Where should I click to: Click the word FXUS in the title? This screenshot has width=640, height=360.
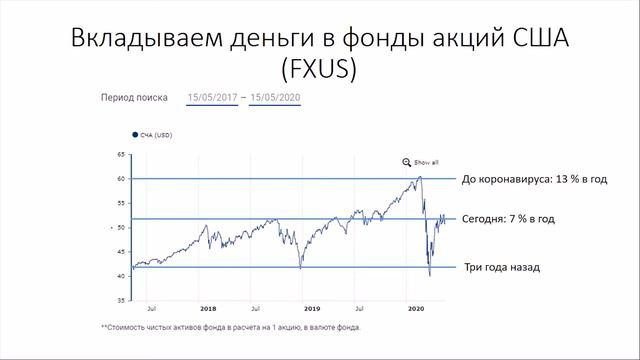(320, 70)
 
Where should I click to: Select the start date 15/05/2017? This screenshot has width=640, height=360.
(212, 98)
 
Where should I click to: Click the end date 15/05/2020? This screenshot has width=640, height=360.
(275, 98)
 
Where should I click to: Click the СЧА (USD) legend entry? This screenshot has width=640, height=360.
(152, 134)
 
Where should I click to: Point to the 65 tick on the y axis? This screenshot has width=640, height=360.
(121, 155)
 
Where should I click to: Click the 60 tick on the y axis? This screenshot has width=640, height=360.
(121, 179)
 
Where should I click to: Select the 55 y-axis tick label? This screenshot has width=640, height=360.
(121, 203)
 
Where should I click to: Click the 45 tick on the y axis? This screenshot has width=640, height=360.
(121, 252)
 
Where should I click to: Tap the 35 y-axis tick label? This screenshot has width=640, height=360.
(121, 300)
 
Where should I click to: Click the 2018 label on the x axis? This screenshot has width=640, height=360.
(209, 310)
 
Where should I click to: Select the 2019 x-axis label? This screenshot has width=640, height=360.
(311, 310)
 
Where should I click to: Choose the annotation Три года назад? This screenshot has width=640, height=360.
(500, 268)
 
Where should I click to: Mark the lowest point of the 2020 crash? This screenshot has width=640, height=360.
(429, 275)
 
